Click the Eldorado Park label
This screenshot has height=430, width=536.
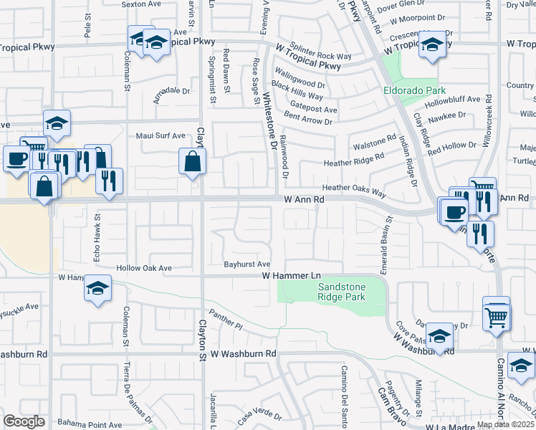pos(414,90)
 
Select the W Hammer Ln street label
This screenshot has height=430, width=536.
pos(290,275)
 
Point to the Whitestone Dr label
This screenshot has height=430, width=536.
pos(269,119)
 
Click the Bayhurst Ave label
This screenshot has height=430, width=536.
pos(247,264)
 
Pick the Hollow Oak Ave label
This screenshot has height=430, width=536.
pos(145,268)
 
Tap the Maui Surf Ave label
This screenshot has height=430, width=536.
pos(161,135)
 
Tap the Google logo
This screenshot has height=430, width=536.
pos(24,421)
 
